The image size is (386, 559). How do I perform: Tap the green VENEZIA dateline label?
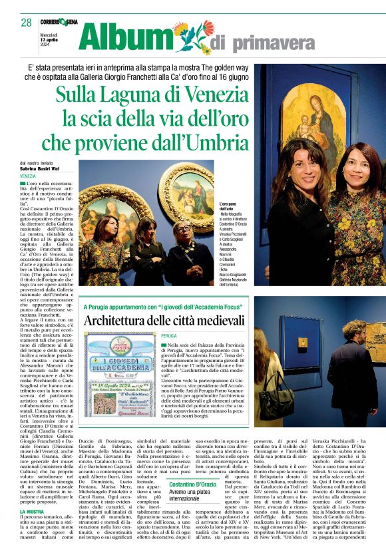click(29, 176)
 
